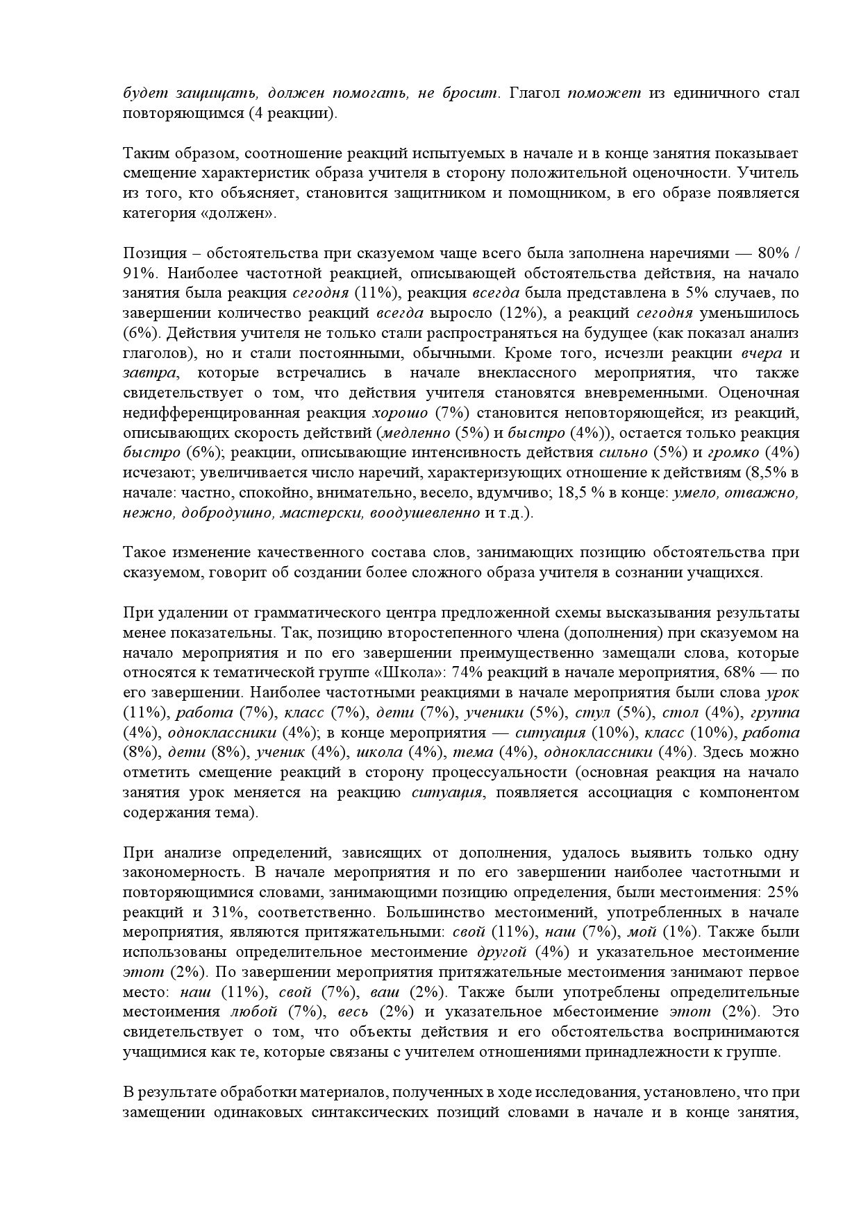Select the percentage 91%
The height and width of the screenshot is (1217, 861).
137,273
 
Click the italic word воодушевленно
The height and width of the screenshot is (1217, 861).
425,513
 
